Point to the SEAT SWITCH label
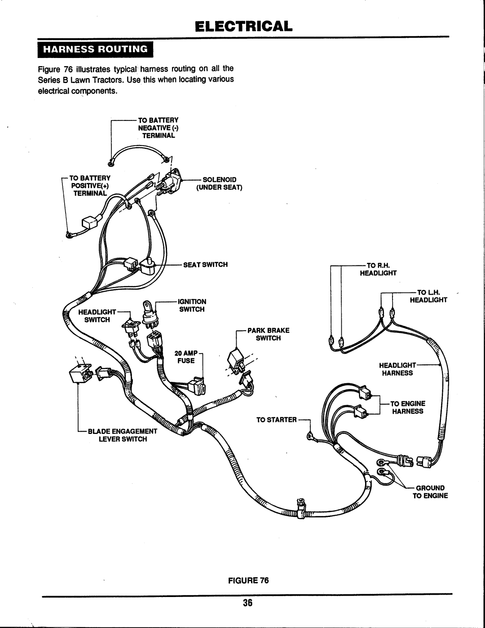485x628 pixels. coord(205,265)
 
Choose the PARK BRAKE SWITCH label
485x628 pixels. coord(268,334)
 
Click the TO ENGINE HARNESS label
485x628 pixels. coord(407,407)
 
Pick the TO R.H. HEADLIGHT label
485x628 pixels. coord(378,269)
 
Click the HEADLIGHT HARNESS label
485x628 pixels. coord(397,369)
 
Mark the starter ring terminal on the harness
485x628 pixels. coord(309,435)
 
